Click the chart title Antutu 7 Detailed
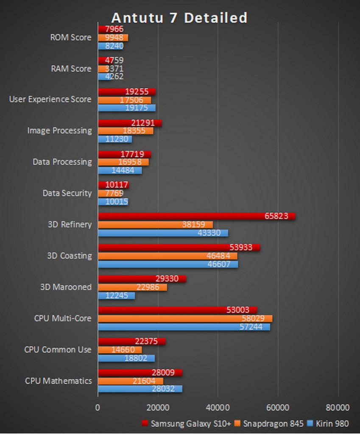coord(179,18)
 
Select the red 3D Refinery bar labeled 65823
coord(197,216)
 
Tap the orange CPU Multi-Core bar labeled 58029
coord(185,319)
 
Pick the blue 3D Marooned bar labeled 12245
coord(117,295)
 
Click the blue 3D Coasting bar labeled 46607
coord(168,264)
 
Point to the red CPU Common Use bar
coord(132,342)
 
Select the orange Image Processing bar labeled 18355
coord(126,131)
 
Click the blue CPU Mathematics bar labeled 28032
coord(140,389)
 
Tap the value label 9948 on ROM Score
coord(114,38)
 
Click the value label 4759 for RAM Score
coord(114,60)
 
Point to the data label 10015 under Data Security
coord(117,201)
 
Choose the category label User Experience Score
coord(50,99)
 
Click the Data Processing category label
coord(62,162)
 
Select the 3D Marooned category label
coord(66,287)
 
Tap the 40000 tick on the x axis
coord(218,407)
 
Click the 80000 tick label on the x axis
coord(338,407)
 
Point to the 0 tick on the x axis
coord(98,407)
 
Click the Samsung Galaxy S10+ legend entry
coord(186,423)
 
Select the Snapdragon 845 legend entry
coord(268,423)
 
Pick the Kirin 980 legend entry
coord(328,423)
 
